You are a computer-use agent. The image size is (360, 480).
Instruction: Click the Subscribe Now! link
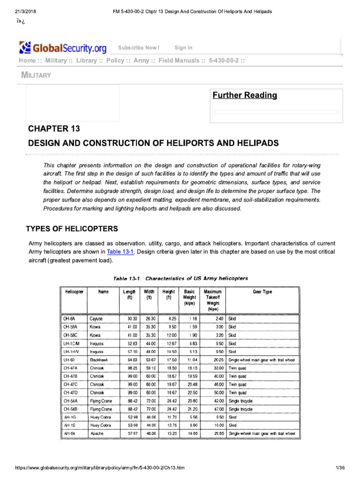(138, 48)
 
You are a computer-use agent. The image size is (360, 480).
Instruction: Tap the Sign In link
(183, 48)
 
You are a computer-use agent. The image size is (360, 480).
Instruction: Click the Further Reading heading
(245, 96)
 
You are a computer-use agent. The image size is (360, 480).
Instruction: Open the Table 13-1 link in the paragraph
(120, 252)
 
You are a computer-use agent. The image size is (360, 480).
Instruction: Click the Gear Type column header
(262, 292)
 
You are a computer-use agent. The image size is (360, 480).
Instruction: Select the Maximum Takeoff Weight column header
(213, 300)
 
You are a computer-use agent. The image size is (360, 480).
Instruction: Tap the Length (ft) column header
(129, 294)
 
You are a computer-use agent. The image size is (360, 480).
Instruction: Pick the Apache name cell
(97, 434)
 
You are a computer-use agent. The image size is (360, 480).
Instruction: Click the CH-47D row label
(70, 392)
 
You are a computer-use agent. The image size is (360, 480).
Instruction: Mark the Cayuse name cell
(97, 318)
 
